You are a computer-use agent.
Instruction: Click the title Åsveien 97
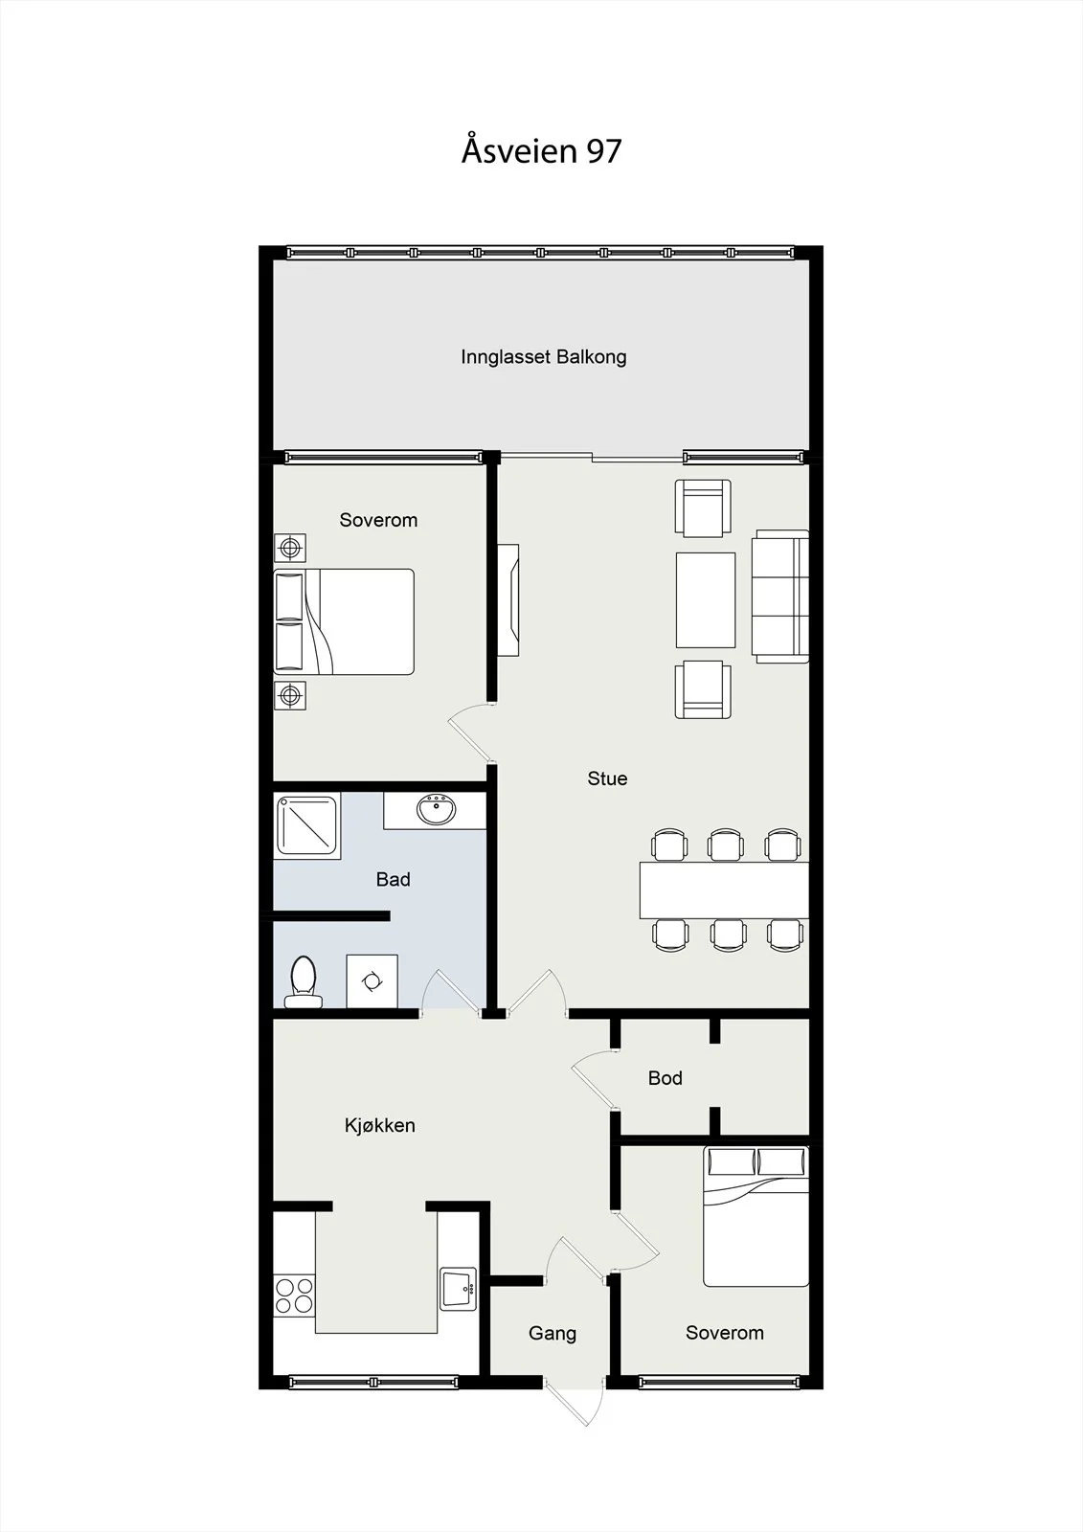(x=541, y=149)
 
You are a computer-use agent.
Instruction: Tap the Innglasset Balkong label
(x=543, y=357)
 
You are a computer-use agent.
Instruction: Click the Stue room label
(x=607, y=778)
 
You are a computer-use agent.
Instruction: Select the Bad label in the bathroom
(x=393, y=880)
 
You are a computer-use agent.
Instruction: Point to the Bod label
(x=665, y=1078)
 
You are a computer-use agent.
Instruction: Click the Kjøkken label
(x=380, y=1126)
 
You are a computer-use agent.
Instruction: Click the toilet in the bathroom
(x=304, y=982)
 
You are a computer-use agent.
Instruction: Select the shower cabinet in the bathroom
(x=307, y=826)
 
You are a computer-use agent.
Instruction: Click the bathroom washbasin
(x=436, y=810)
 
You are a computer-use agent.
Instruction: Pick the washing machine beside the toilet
(x=372, y=981)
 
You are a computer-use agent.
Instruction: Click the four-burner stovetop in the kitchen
(x=294, y=1295)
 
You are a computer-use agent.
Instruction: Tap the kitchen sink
(x=458, y=1289)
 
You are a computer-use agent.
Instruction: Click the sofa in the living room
(x=779, y=597)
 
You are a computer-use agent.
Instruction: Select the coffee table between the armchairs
(x=706, y=599)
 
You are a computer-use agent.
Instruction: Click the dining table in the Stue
(x=724, y=890)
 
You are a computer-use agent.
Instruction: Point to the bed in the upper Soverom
(x=344, y=621)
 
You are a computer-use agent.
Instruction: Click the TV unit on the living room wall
(x=508, y=599)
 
